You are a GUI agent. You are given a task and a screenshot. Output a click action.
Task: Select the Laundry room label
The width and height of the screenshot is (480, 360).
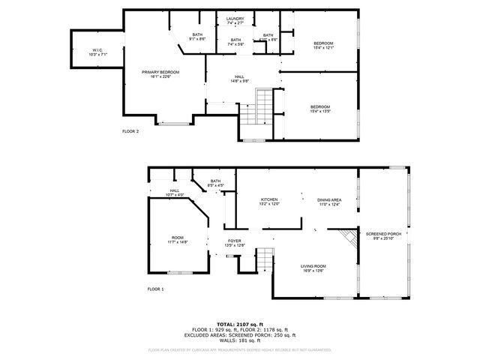click(235, 21)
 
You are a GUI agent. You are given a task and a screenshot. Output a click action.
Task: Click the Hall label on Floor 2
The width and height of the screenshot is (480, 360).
click(239, 79)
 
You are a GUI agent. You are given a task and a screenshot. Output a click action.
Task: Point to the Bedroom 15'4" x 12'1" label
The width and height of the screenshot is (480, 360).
click(323, 45)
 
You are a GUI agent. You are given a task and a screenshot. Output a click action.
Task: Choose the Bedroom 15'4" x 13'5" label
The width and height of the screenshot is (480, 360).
click(320, 109)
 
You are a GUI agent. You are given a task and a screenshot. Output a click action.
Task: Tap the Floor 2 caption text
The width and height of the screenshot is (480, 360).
click(130, 131)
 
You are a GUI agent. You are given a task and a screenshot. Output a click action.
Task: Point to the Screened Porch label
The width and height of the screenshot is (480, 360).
click(383, 236)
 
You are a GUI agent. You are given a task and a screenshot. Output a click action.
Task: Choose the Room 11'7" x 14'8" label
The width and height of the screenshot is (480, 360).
click(178, 240)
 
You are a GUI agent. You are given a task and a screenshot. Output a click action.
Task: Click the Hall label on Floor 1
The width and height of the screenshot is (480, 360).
click(174, 193)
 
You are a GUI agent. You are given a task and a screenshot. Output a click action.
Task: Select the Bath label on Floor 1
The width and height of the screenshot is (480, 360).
click(216, 183)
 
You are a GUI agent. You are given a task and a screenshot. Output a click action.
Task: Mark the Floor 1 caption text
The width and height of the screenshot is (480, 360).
click(155, 289)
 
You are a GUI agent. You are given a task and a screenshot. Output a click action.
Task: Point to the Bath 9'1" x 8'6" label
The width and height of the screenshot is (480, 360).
click(197, 37)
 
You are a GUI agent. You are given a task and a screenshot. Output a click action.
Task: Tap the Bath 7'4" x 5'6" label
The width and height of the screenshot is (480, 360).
click(235, 42)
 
